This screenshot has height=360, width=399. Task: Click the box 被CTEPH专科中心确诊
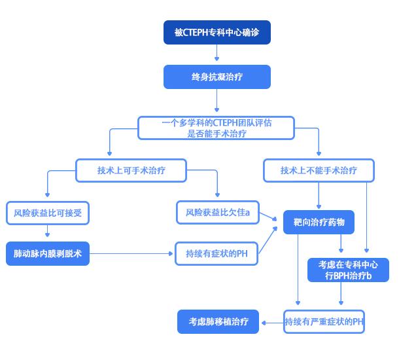(x=217, y=33)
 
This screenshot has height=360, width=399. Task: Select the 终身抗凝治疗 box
(x=217, y=77)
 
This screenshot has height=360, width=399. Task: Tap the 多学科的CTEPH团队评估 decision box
(x=217, y=128)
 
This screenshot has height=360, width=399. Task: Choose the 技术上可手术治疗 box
(x=131, y=170)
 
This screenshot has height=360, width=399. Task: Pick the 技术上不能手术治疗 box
(x=319, y=170)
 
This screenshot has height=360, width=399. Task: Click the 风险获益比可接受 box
(x=47, y=212)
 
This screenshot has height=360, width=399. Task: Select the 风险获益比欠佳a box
(x=217, y=212)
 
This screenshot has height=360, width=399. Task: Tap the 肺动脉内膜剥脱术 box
(x=47, y=253)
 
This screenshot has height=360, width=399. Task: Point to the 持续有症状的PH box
(x=217, y=253)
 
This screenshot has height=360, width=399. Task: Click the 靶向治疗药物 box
(x=319, y=223)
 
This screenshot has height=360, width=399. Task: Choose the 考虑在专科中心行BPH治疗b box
(x=348, y=270)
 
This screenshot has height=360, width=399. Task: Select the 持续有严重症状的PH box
(x=324, y=321)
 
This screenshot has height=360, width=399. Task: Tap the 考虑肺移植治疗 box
(x=218, y=321)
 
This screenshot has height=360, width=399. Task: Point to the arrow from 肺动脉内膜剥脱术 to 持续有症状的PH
(x=131, y=253)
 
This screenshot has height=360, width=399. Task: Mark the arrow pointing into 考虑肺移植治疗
(x=271, y=321)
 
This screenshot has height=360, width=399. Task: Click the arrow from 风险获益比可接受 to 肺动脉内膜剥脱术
(x=47, y=232)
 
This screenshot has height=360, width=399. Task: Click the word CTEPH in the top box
(x=197, y=33)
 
